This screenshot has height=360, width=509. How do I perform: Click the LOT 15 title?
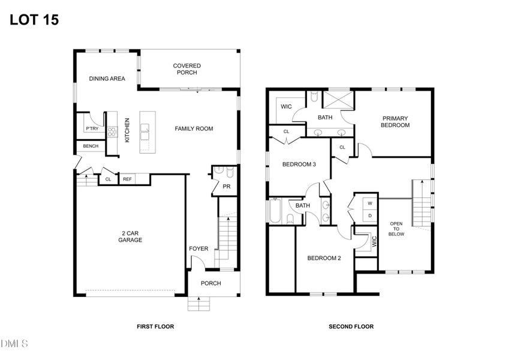click(x=34, y=20)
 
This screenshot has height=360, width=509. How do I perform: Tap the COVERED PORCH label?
click(x=186, y=69)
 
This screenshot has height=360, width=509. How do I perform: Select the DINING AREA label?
click(x=107, y=79)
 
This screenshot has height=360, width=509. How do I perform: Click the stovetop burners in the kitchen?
click(x=112, y=131)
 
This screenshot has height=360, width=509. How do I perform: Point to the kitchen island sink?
click(x=144, y=132)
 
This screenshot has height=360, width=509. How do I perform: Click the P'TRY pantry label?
click(x=92, y=128)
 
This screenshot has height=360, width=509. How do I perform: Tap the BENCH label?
click(x=91, y=146)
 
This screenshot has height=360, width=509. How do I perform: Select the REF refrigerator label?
click(x=127, y=179)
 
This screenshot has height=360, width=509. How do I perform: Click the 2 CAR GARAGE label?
click(x=130, y=236)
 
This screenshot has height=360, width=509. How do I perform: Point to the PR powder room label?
click(x=227, y=187)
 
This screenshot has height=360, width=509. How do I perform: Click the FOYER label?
click(x=198, y=248)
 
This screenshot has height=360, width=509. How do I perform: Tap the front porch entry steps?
click(x=198, y=304)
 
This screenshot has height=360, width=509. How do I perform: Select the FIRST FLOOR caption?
click(x=155, y=326)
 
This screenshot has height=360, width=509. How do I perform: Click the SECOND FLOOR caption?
click(x=351, y=326)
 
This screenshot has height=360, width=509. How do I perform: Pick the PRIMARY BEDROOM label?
click(x=395, y=122)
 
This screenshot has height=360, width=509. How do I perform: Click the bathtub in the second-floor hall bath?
click(x=275, y=211)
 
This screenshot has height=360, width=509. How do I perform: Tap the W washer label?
click(x=370, y=204)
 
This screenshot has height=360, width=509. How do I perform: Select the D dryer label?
click(x=370, y=216)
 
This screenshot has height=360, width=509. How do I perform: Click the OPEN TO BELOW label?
click(x=396, y=229)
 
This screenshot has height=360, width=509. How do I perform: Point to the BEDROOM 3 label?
click(x=299, y=164)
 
